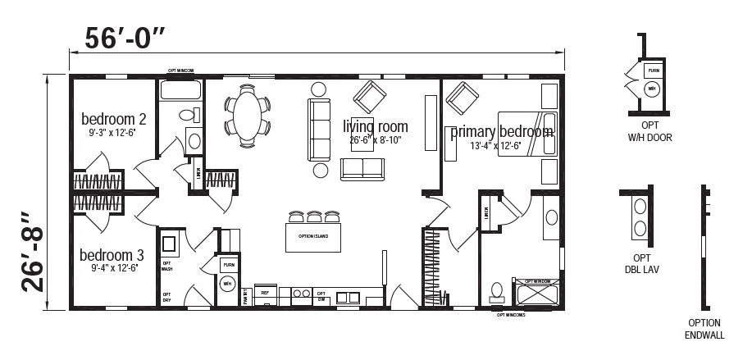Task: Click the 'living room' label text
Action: pos(375,125)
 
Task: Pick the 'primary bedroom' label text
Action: pos(501,131)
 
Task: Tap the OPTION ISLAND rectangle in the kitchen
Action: pos(312,237)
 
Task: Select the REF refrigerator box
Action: pos(265,292)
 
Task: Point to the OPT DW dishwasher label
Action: pos(321,295)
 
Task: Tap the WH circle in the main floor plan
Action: pos(227,283)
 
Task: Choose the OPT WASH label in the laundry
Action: pos(166,267)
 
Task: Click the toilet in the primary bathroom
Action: pos(495,291)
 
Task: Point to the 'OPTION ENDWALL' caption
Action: pos(704,330)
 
